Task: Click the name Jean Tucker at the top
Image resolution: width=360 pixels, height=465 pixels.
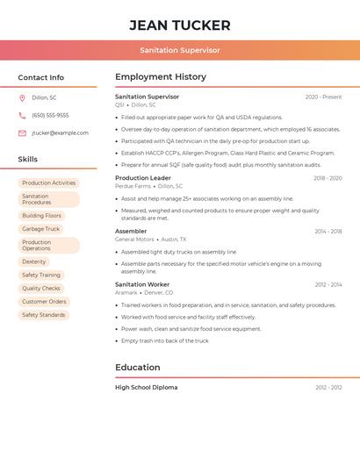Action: point(180,25)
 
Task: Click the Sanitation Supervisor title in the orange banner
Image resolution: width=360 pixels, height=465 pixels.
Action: point(180,51)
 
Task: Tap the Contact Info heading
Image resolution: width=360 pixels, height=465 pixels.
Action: point(40,77)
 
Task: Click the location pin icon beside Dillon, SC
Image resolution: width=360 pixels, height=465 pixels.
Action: point(22,98)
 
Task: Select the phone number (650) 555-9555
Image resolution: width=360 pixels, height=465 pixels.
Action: point(50,115)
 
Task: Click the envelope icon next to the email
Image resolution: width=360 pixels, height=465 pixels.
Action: point(22,133)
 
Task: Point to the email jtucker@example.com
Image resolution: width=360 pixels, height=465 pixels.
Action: point(60,133)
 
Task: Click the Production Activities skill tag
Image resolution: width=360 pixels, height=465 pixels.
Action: point(48,182)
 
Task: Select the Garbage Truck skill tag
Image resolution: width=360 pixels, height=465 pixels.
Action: point(40,229)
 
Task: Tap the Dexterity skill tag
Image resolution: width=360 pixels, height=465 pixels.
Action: point(34,261)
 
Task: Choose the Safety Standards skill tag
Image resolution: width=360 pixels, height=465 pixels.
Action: point(43,315)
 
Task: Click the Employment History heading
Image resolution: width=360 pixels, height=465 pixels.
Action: point(161,77)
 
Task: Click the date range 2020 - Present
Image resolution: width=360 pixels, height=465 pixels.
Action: point(323,97)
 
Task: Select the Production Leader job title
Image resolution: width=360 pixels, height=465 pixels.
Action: point(143,178)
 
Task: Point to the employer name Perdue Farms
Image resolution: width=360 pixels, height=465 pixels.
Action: point(133,186)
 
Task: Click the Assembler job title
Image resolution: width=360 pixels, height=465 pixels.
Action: point(131,231)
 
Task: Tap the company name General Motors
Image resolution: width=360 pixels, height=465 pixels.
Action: point(134,239)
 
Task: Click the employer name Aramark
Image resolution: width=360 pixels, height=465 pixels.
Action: point(126,292)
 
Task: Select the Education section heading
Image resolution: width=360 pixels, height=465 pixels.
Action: point(138,368)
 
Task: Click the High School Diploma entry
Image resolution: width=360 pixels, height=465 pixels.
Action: point(146,387)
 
